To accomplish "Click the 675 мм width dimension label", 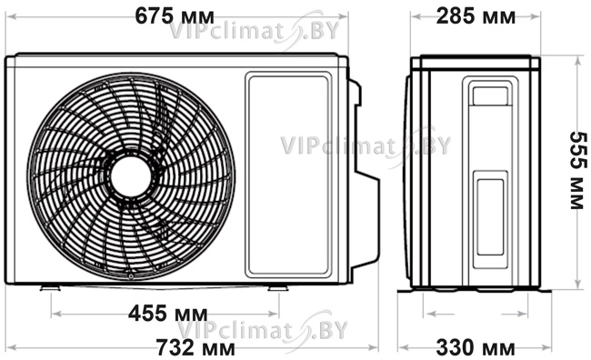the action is pyautogui.click(x=175, y=16).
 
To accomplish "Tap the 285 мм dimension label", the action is pyautogui.click(x=476, y=16).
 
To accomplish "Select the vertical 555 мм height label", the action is pyautogui.click(x=578, y=170).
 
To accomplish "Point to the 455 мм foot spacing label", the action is pyautogui.click(x=167, y=314).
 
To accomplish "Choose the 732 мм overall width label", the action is pyautogui.click(x=195, y=347).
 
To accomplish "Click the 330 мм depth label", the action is pyautogui.click(x=476, y=347).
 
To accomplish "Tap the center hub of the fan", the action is pyautogui.click(x=131, y=176).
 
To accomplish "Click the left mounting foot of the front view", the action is pyautogui.click(x=51, y=288).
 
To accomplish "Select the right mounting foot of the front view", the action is pyautogui.click(x=278, y=288).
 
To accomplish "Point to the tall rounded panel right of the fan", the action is pyautogui.click(x=288, y=175).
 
